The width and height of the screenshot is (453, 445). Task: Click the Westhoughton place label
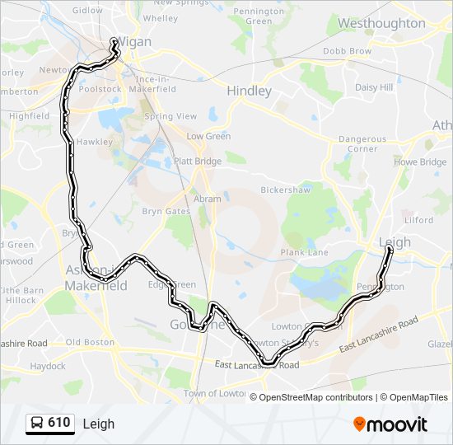pyautogui.click(x=381, y=24)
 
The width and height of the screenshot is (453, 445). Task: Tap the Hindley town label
pyautogui.click(x=249, y=91)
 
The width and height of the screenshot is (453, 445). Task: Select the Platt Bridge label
pyautogui.click(x=197, y=162)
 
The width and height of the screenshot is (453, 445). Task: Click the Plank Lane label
pyautogui.click(x=304, y=252)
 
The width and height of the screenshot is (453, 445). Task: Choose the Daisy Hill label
pyautogui.click(x=374, y=87)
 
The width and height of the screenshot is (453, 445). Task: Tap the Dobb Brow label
pyautogui.click(x=347, y=51)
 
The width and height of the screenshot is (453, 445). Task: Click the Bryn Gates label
pyautogui.click(x=166, y=212)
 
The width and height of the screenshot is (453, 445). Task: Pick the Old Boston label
pyautogui.click(x=90, y=342)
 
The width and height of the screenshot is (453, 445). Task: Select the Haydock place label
pyautogui.click(x=48, y=366)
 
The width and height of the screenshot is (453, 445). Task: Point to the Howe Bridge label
pyautogui.click(x=420, y=162)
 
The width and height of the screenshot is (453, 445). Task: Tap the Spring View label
pyautogui.click(x=170, y=117)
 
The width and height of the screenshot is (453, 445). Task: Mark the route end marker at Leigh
pyautogui.click(x=389, y=248)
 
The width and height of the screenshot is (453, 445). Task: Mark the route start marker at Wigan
pyautogui.click(x=114, y=42)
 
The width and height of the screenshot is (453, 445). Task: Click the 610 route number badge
pyautogui.click(x=49, y=423)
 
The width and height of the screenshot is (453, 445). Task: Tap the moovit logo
pyautogui.click(x=390, y=424)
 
